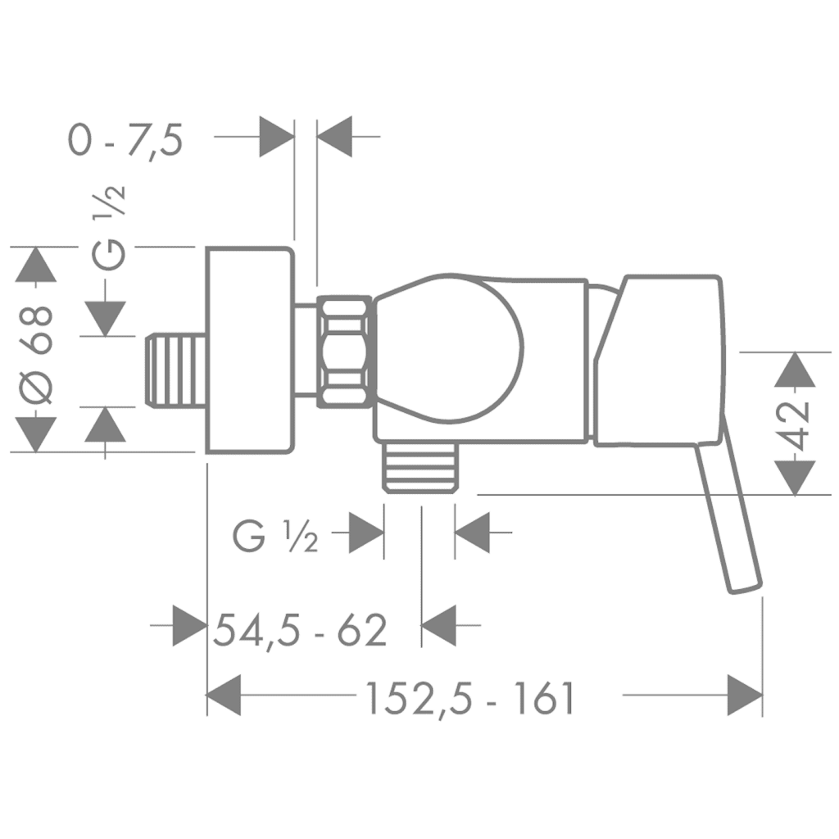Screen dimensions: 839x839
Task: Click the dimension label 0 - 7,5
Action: click(x=125, y=141)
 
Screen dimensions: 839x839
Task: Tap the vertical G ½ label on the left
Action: click(x=109, y=228)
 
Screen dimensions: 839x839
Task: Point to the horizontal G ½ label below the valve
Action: click(x=275, y=537)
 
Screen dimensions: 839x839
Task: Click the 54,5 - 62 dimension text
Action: click(x=300, y=630)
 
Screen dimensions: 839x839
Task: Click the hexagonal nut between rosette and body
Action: click(x=345, y=351)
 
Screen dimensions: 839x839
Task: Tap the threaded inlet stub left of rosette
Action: click(x=176, y=370)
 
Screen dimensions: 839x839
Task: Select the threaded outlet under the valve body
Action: click(x=422, y=466)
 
